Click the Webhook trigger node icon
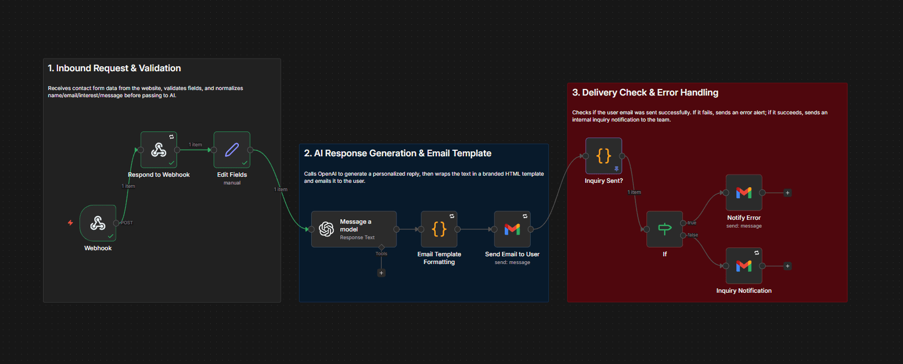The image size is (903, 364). point(98,223)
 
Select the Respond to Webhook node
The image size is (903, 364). point(159,150)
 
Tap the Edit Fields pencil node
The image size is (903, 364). point(232,150)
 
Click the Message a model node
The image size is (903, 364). point(354,229)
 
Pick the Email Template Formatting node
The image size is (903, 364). point(439,229)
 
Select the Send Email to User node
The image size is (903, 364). point(512,229)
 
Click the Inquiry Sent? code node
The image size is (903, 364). point(603,156)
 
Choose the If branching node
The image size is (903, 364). point(665,229)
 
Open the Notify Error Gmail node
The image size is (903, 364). point(744,193)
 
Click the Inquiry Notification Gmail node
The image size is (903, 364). point(744,266)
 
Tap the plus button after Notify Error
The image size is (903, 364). point(787,193)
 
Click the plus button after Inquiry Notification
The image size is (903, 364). point(787,266)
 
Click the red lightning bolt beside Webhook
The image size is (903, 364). point(71,223)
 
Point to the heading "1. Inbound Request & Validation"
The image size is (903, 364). point(114,68)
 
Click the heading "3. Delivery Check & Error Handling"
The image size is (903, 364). point(645,93)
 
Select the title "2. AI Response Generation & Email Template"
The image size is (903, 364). point(397,154)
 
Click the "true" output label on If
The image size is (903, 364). point(692,223)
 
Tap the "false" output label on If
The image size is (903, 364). point(693,235)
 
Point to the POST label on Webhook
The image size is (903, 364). point(127,223)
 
